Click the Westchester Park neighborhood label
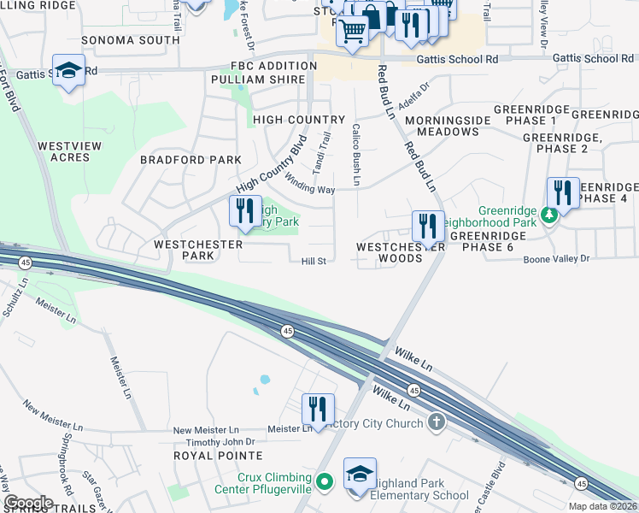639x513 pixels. (x=184, y=250)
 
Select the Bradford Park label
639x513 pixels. (x=191, y=160)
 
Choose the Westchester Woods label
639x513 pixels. (x=390, y=251)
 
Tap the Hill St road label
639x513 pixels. (x=314, y=262)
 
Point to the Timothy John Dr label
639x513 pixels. (x=221, y=442)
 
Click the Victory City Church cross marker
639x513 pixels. (x=437, y=422)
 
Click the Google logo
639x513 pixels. (x=27, y=503)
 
